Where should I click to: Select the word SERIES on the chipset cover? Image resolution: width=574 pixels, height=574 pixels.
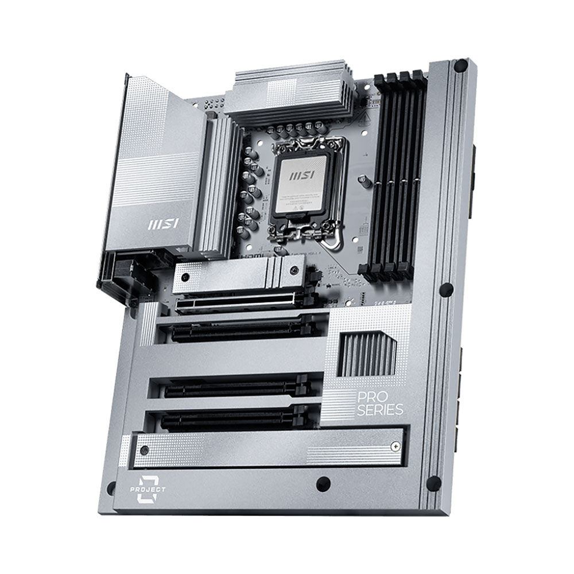coord(380,410)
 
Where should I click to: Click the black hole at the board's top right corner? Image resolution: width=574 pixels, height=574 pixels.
coord(460,67)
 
